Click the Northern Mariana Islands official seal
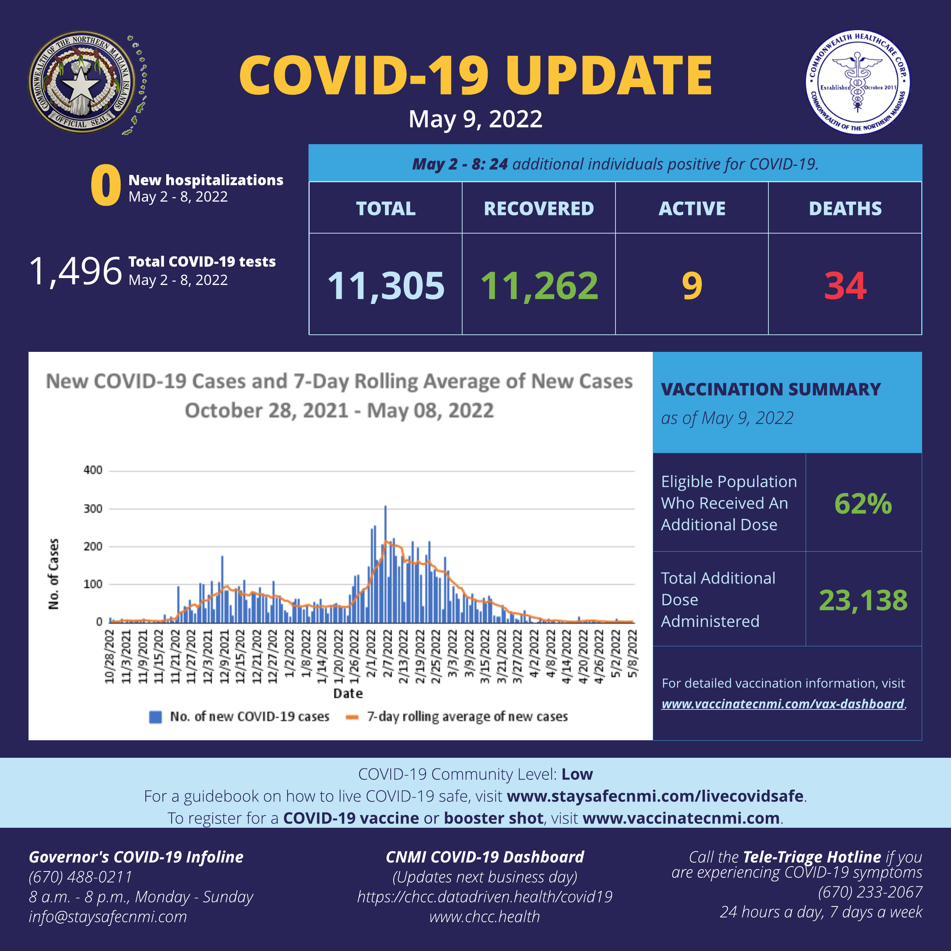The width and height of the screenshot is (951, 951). [82, 82]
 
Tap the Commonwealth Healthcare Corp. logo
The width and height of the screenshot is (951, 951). [857, 82]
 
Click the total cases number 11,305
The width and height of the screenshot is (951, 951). [386, 286]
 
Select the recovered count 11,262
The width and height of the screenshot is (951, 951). [539, 286]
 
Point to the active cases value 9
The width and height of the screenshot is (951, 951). [692, 286]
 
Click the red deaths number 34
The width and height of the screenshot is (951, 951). [845, 286]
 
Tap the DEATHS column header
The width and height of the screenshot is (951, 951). [845, 209]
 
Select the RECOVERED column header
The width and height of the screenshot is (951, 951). [539, 209]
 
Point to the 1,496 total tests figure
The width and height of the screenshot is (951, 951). [75, 271]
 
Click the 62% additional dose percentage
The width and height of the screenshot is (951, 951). [863, 504]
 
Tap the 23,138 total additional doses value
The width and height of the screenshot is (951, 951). [863, 601]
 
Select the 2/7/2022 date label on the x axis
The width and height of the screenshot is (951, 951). [387, 657]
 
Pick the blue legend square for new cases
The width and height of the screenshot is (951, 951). [156, 717]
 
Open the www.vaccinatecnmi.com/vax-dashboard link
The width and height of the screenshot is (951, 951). [782, 704]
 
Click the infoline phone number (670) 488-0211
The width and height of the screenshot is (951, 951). [81, 877]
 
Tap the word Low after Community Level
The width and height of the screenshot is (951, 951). [577, 774]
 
